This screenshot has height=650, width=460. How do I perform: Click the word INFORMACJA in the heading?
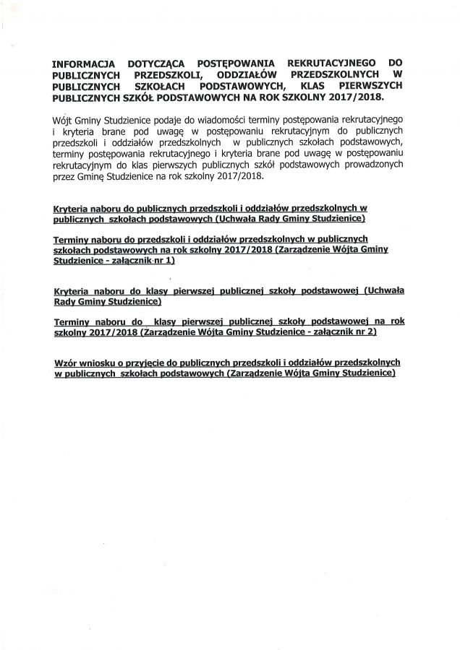pyautogui.click(x=84, y=64)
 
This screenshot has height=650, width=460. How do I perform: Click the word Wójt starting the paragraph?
pyautogui.click(x=63, y=118)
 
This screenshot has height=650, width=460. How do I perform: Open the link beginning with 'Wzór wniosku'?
pyautogui.click(x=227, y=366)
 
